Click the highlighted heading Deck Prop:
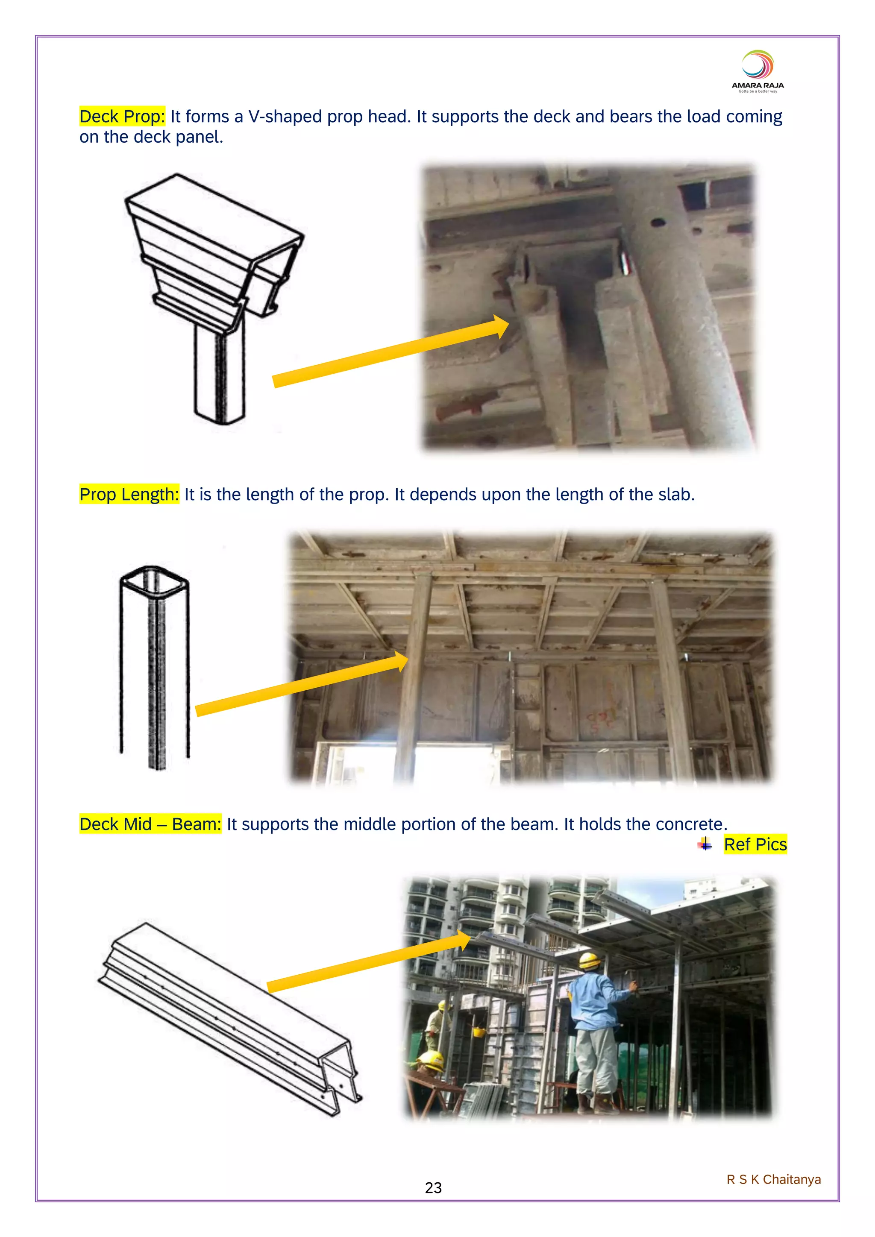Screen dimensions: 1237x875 coord(122,116)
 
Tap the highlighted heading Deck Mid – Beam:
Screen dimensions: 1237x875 coord(150,824)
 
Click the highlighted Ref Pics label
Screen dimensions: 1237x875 coord(755,844)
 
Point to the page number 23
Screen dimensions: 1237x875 coord(433,1187)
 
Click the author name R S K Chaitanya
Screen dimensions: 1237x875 coord(774,1179)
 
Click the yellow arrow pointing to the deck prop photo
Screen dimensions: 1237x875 coord(391,350)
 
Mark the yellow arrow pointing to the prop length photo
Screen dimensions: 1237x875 coord(302,684)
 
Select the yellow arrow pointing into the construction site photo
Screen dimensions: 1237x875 coord(369,961)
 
